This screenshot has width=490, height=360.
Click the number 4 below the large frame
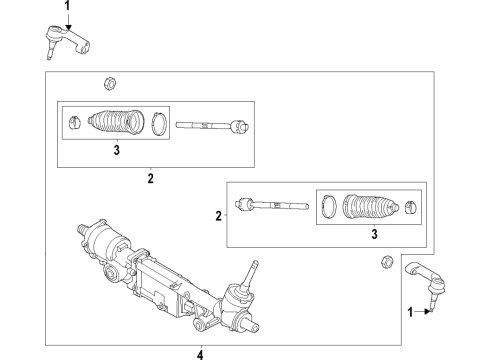199,353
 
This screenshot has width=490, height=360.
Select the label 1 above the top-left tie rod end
68,6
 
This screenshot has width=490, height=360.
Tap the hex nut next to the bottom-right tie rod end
382,264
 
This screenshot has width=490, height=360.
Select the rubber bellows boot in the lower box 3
366,210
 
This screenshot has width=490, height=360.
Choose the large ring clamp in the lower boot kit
328,209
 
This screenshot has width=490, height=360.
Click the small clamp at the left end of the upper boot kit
75,124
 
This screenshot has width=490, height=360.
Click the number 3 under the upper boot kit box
116,152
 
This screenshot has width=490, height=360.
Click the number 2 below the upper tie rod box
150,180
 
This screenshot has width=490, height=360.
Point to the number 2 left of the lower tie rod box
219,214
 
